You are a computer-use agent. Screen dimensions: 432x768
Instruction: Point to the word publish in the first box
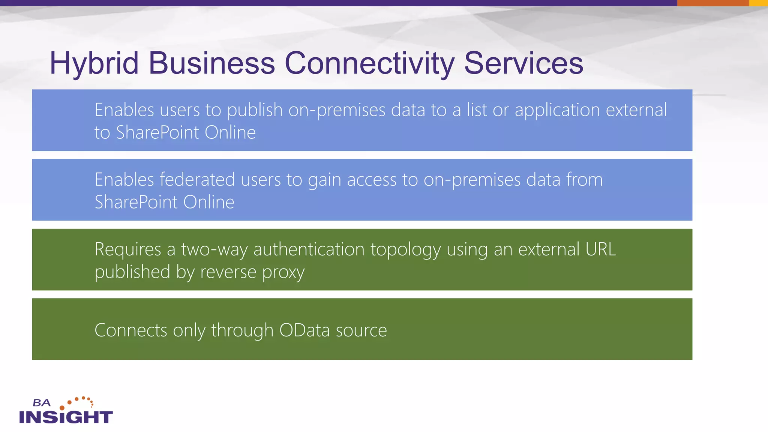(x=255, y=110)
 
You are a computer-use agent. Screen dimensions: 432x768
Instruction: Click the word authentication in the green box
(x=309, y=249)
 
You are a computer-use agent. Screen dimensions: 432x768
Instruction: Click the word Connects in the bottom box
(x=130, y=330)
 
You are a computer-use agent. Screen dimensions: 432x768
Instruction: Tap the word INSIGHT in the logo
(x=66, y=417)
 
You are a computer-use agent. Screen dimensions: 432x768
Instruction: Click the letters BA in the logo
(x=41, y=403)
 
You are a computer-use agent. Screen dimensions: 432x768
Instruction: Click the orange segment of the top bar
(x=713, y=3)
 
